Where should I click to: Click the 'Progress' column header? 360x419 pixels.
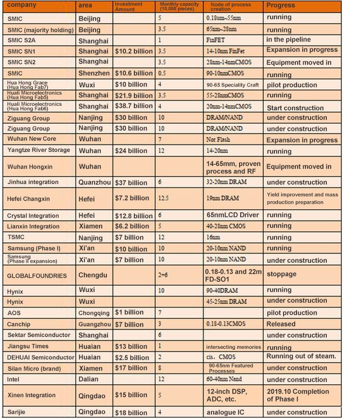[x=281, y=6]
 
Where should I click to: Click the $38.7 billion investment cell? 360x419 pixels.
[x=133, y=106]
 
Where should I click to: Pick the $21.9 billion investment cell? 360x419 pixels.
[x=133, y=96]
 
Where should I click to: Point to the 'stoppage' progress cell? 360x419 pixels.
[x=282, y=274]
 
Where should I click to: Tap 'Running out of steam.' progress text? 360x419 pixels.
[x=301, y=356]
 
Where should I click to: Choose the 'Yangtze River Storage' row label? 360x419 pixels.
[x=38, y=150]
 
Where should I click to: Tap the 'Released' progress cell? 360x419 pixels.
[x=281, y=324]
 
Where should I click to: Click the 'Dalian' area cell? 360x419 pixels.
[x=90, y=380]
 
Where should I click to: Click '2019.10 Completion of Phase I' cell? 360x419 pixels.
[x=298, y=395]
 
